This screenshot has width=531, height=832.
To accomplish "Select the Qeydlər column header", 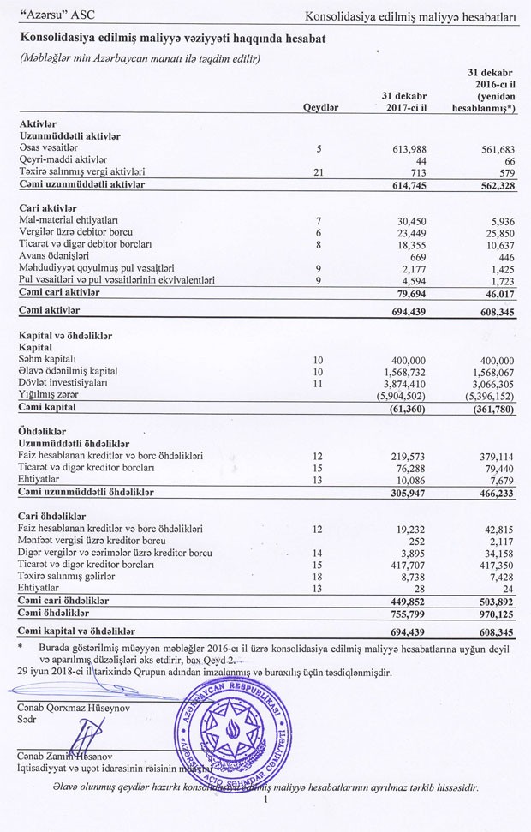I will (321, 107).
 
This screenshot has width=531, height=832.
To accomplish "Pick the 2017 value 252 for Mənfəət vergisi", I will (418, 542).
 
